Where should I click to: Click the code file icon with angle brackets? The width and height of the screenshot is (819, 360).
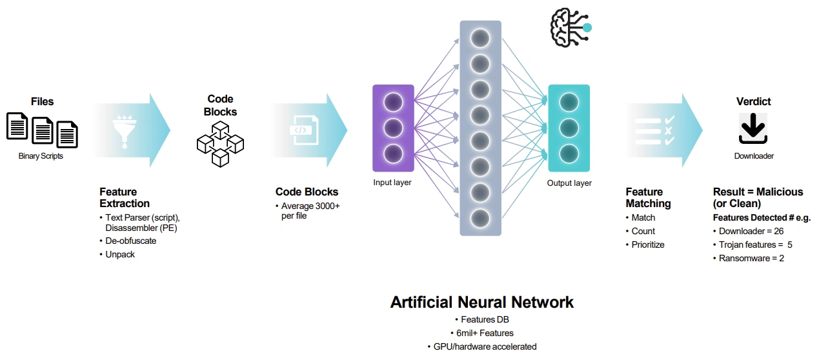300,130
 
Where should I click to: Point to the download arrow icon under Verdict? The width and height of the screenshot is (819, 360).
753,129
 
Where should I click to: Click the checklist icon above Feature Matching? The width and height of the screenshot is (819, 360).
654,130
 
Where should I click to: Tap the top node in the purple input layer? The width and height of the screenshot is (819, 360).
393,103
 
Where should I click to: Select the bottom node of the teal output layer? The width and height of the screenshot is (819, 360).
569,154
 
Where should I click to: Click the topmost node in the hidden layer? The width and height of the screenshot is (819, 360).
480,39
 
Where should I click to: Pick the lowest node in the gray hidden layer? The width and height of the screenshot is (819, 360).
480,217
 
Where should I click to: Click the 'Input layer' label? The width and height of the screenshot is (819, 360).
392,183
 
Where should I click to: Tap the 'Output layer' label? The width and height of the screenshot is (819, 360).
569,183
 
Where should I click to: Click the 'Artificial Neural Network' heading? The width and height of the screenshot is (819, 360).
481,302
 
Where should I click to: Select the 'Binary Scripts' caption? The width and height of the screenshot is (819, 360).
42,156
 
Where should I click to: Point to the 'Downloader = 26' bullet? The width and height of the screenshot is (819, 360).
752,231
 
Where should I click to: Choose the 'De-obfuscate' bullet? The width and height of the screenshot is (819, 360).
131,241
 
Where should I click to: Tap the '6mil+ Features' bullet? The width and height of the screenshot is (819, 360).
481,333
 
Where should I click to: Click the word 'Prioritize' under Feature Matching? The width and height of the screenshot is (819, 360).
647,245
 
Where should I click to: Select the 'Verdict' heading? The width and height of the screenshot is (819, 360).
753,101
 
